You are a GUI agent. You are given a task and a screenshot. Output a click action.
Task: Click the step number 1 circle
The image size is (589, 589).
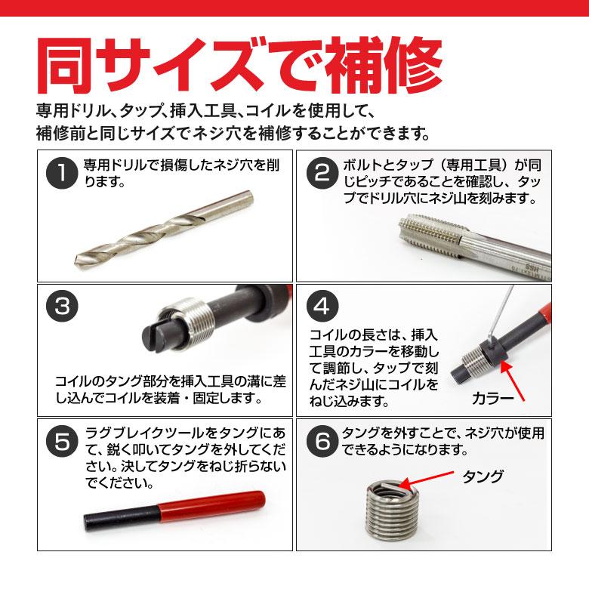point(62,177)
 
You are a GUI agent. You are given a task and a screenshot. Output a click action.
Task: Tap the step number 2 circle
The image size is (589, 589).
point(322,177)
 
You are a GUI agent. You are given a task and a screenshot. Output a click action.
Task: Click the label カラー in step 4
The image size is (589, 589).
point(492,397)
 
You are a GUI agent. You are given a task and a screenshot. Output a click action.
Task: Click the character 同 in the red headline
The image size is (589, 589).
point(73,66)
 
